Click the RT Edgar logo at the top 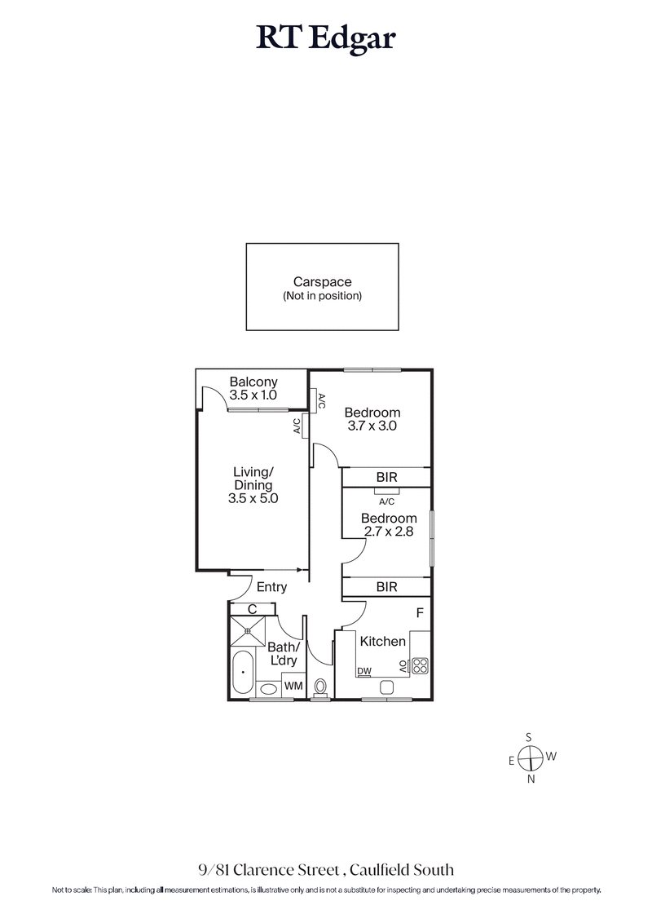pyautogui.click(x=325, y=37)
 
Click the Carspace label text pyautogui.click(x=322, y=282)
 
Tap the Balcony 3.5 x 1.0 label pyautogui.click(x=253, y=388)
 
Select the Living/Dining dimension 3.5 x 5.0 pyautogui.click(x=253, y=499)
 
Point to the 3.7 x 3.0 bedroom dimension pyautogui.click(x=371, y=425)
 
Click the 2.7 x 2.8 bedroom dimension pyautogui.click(x=388, y=532)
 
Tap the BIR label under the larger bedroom pyautogui.click(x=386, y=478)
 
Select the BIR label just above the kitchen pyautogui.click(x=386, y=587)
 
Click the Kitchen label pyautogui.click(x=382, y=642)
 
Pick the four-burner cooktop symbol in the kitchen pyautogui.click(x=419, y=665)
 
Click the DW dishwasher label pyautogui.click(x=364, y=671)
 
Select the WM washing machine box pyautogui.click(x=293, y=687)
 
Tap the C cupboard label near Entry pyautogui.click(x=252, y=608)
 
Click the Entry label pyautogui.click(x=271, y=587)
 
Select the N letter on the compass pyautogui.click(x=531, y=779)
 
